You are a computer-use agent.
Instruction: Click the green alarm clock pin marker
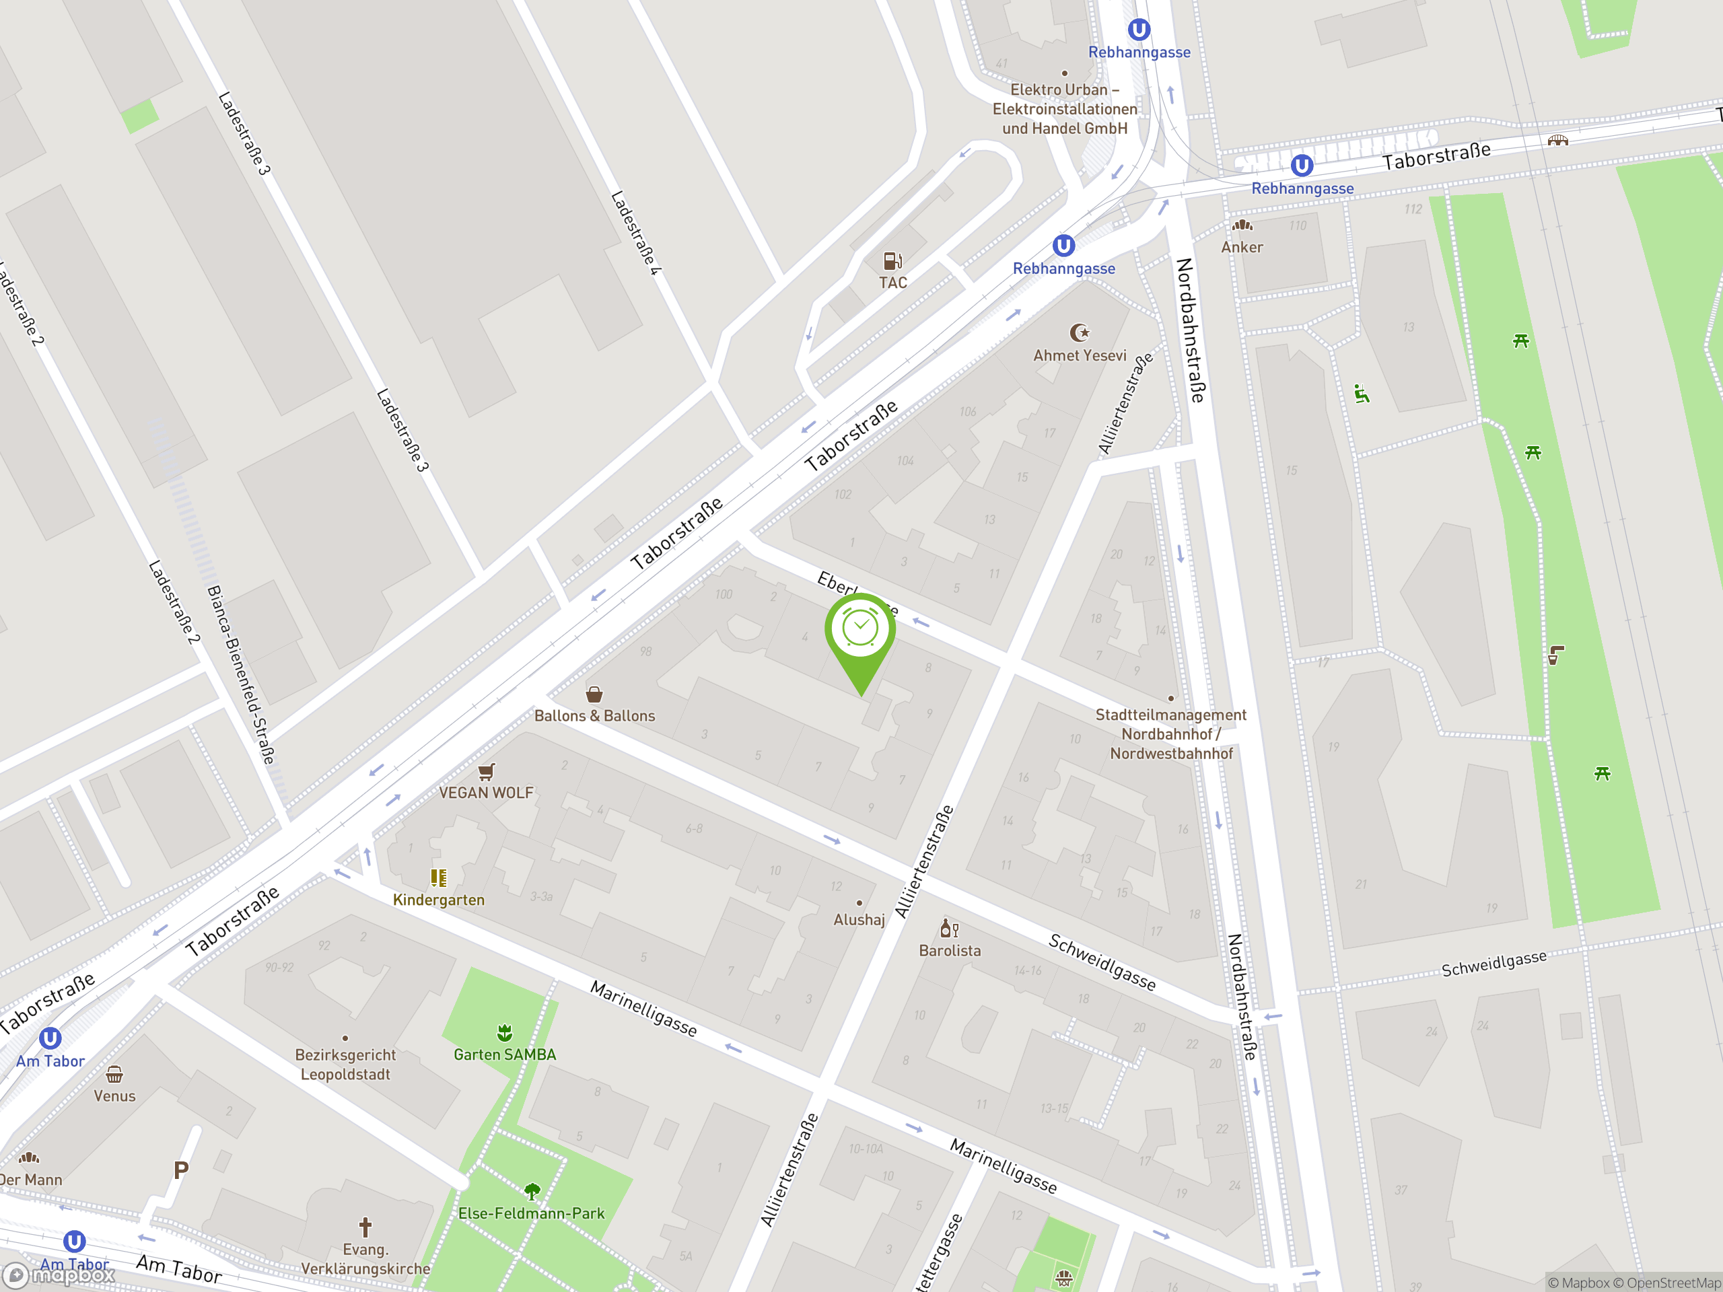pos(860,629)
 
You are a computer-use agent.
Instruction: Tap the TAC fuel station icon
pos(892,260)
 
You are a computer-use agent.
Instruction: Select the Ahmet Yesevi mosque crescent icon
pos(1080,333)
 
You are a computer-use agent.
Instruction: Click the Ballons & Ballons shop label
pos(594,716)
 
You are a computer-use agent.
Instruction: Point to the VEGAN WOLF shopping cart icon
pos(486,772)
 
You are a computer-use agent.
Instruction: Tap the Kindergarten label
pos(439,900)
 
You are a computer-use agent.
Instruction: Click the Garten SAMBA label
pos(505,1054)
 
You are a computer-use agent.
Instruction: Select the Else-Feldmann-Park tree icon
pos(532,1191)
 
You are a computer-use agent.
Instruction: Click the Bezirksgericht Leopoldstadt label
pos(345,1065)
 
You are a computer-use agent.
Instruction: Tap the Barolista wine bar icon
pos(949,929)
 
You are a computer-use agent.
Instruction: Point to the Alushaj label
pos(859,920)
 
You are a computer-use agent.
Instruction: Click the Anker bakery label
pos(1242,247)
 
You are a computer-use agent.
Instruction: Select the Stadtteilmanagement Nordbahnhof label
pos(1170,733)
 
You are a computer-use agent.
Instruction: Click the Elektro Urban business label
pos(1064,109)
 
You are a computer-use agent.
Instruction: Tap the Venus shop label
pos(114,1096)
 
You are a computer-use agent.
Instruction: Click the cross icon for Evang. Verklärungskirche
pos(365,1228)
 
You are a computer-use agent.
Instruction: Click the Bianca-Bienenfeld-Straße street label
pos(242,674)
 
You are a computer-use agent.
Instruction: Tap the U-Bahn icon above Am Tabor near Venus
pos(50,1038)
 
